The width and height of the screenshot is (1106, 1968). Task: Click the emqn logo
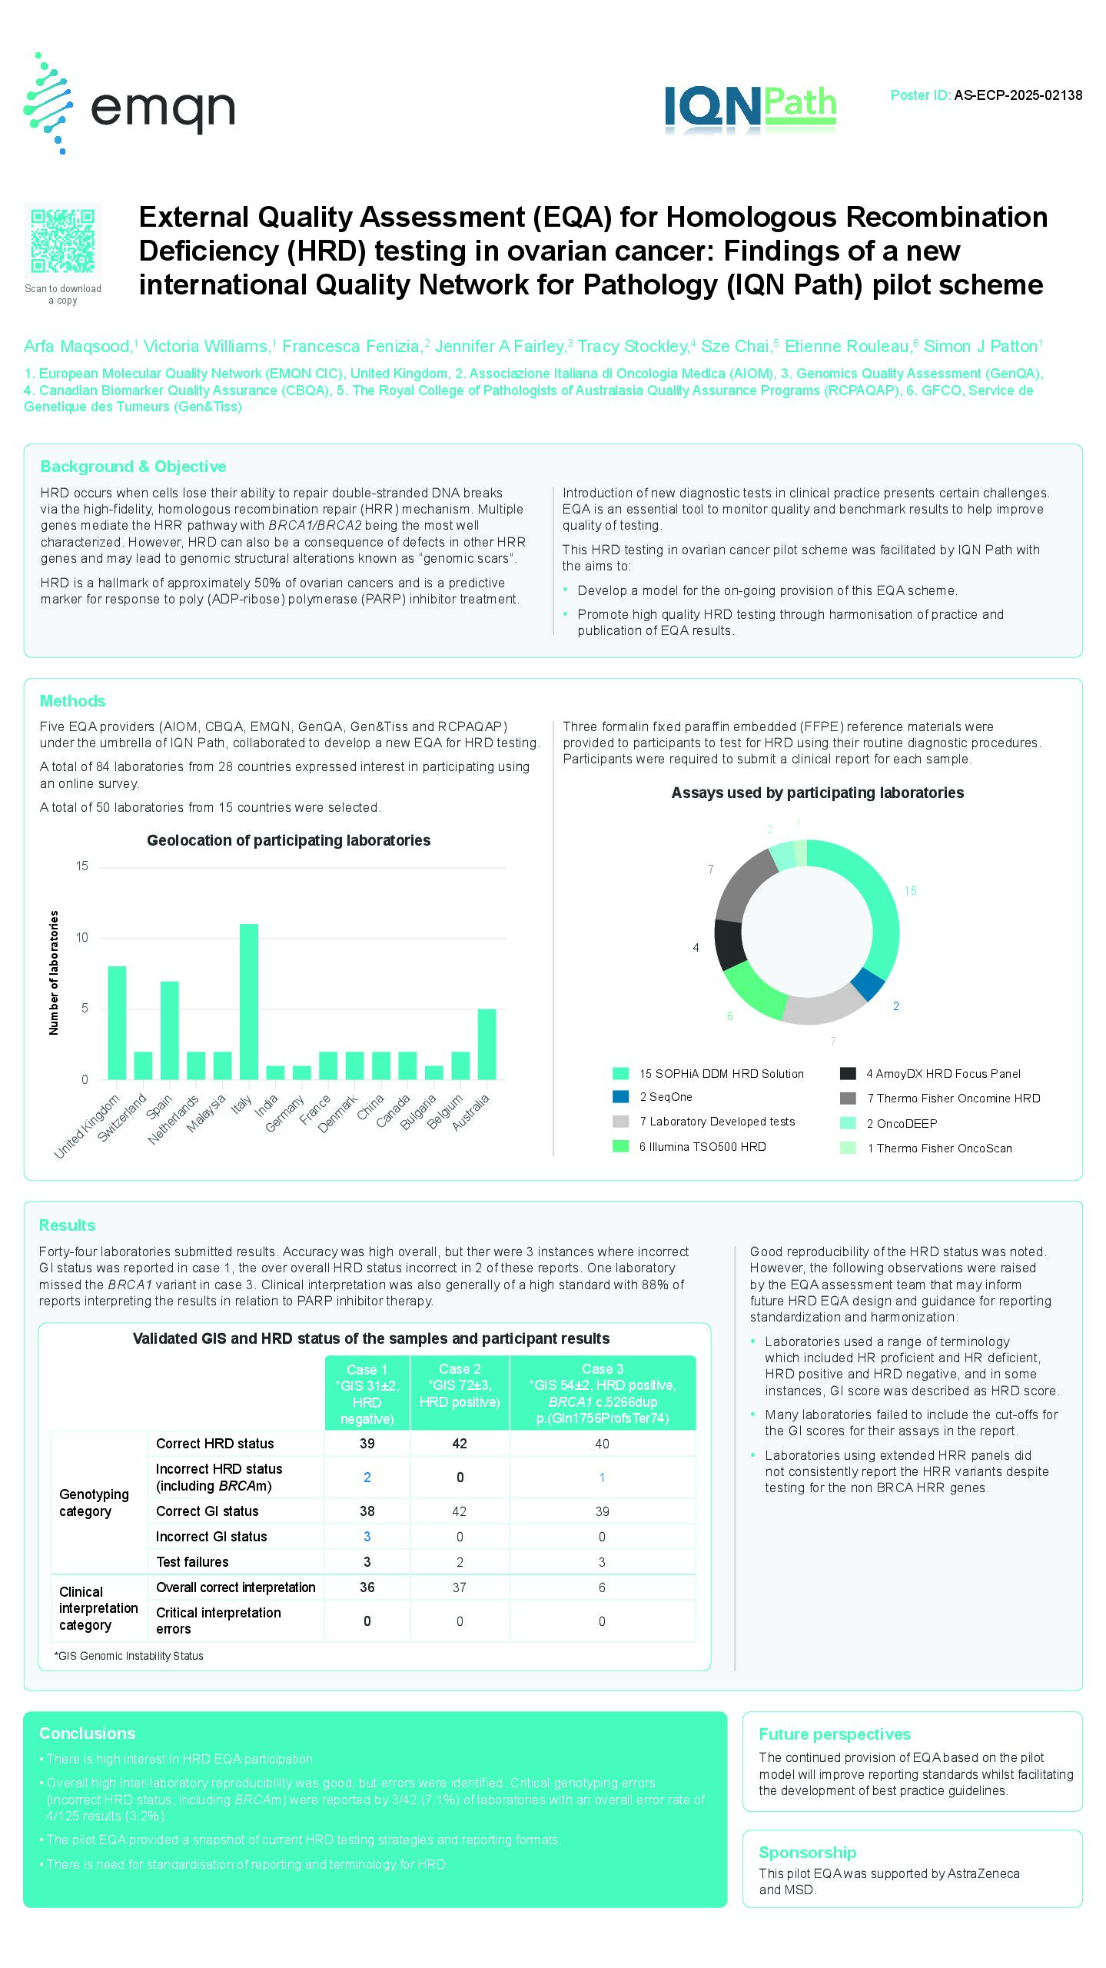[129, 104]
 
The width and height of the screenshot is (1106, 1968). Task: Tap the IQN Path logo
[750, 108]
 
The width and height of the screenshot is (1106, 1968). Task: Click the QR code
[63, 241]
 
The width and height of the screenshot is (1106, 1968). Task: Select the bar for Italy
[249, 1001]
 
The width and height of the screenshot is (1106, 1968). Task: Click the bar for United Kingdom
[117, 1022]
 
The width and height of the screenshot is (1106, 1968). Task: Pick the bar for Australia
[487, 1044]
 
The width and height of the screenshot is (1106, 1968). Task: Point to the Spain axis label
[159, 1107]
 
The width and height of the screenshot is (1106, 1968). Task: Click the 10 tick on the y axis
[82, 938]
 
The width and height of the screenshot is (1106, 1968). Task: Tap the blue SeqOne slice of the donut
[869, 984]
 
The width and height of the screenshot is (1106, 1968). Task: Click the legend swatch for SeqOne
[621, 1097]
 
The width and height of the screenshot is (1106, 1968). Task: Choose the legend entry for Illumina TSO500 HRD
[702, 1147]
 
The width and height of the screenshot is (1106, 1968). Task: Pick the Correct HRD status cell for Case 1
[367, 1444]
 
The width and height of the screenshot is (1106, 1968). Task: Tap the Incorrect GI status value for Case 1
[367, 1537]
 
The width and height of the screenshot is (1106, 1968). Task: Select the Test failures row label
[192, 1562]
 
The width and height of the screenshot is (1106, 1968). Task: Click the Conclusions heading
[88, 1734]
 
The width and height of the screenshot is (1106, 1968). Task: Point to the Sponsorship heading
[807, 1853]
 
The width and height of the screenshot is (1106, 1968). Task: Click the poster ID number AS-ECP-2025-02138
[1018, 95]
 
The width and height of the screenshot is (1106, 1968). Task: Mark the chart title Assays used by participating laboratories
[817, 793]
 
